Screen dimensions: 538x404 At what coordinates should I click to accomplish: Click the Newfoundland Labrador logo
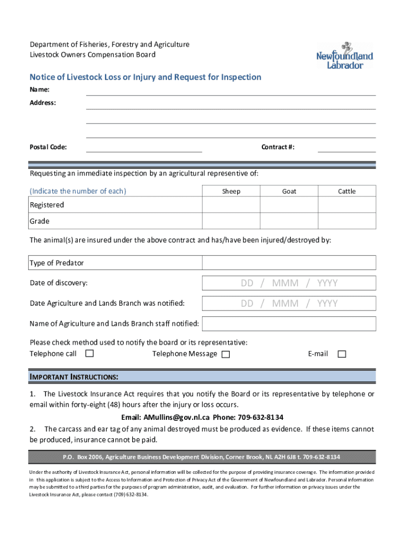344,56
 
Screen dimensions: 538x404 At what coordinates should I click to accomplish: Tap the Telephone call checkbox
90,354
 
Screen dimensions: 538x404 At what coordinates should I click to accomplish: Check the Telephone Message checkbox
226,354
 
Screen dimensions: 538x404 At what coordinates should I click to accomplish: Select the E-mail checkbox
342,354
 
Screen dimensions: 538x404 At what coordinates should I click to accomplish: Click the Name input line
231,90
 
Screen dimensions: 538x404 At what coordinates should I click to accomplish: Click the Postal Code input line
144,147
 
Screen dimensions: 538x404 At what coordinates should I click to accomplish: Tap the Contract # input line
347,147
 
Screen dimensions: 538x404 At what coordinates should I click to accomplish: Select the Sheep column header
231,191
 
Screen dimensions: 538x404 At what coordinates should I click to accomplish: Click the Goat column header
289,191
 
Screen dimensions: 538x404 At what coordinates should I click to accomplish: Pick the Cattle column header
347,191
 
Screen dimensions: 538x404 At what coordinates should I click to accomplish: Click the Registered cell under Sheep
231,205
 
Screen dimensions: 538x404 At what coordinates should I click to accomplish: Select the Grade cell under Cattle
347,221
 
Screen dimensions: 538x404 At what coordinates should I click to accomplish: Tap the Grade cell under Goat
289,221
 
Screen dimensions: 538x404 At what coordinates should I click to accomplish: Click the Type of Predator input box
289,263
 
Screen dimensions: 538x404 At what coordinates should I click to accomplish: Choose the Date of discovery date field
289,283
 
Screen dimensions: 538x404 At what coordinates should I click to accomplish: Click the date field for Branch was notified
289,304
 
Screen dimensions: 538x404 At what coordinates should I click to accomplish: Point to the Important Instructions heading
74,377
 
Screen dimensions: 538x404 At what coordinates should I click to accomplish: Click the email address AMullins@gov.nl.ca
165,418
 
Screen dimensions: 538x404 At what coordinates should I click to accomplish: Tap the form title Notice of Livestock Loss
145,77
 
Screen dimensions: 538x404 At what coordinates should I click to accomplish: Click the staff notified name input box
289,324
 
